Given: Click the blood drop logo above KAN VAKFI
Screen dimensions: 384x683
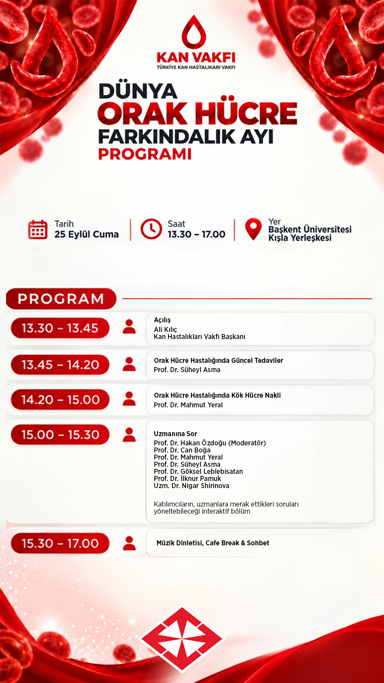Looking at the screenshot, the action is coord(194,32).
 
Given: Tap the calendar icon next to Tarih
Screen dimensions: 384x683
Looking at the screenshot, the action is coord(38,229).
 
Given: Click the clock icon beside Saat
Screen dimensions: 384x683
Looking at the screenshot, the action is coord(151,229).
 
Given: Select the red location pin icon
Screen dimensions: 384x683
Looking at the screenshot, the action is coord(253,229).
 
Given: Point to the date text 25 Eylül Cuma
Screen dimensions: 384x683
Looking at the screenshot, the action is coord(86,234).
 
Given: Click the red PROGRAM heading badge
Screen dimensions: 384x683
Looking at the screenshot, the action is coord(61,299).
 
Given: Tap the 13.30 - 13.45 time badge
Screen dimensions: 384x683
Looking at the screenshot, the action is coord(60,328).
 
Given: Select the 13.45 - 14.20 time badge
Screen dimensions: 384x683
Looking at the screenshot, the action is coord(60,365).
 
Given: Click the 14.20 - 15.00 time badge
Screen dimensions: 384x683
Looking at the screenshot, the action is coord(60,399).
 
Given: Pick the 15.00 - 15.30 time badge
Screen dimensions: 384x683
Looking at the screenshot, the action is coord(60,434).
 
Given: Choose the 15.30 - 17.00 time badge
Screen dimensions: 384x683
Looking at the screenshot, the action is coord(60,543).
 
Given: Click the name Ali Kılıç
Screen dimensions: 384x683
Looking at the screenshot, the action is coord(165,329).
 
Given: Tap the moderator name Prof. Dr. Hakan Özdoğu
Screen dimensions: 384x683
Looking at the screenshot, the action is coord(190,443).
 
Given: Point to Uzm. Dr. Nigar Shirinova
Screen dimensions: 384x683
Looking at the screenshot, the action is coord(192,486).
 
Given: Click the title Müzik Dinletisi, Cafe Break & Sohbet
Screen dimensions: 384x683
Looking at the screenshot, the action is coord(213,543).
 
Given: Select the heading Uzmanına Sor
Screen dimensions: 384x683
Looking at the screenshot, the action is coord(175,434).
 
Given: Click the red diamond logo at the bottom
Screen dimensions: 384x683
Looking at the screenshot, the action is coord(182,639).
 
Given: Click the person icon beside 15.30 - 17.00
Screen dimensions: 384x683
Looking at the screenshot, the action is coord(129,543).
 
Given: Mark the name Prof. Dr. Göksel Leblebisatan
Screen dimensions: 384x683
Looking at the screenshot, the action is coord(198,471).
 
